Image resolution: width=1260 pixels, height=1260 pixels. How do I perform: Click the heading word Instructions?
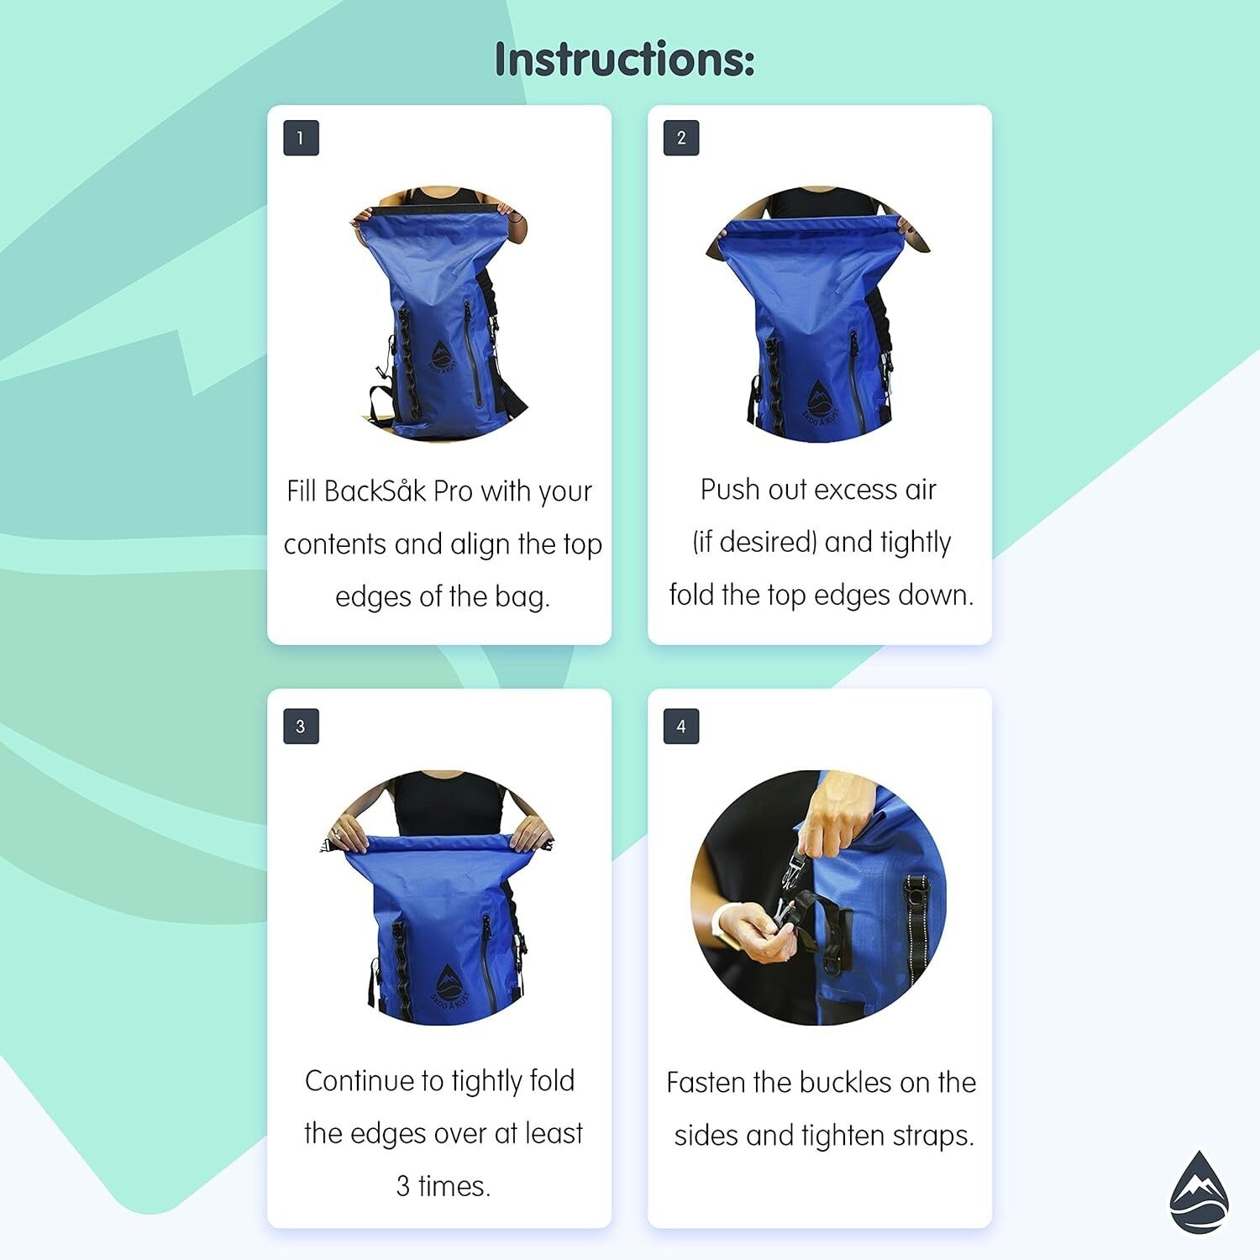(624, 60)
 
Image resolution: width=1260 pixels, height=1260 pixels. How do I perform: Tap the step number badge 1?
(301, 139)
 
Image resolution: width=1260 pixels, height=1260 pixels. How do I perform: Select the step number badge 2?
(681, 139)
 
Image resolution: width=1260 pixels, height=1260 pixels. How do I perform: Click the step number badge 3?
(301, 727)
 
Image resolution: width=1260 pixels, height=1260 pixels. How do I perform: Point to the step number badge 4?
(681, 727)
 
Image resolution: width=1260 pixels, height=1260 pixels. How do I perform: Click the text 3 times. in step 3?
(443, 1186)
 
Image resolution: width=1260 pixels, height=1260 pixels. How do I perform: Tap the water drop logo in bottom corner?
(1199, 1193)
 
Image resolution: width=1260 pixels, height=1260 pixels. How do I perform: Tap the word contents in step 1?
(335, 544)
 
